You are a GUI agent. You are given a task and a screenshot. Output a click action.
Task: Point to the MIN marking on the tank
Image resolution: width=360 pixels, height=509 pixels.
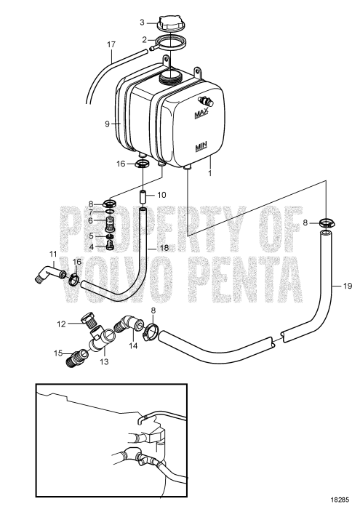pos(201,147)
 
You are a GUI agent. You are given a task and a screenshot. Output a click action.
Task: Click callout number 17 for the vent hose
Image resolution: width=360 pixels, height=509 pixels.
pos(111,44)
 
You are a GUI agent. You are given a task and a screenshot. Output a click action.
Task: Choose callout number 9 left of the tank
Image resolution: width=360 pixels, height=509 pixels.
pos(106,124)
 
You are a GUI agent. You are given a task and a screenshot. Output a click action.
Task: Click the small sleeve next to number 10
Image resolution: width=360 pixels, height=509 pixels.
pos(143,197)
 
